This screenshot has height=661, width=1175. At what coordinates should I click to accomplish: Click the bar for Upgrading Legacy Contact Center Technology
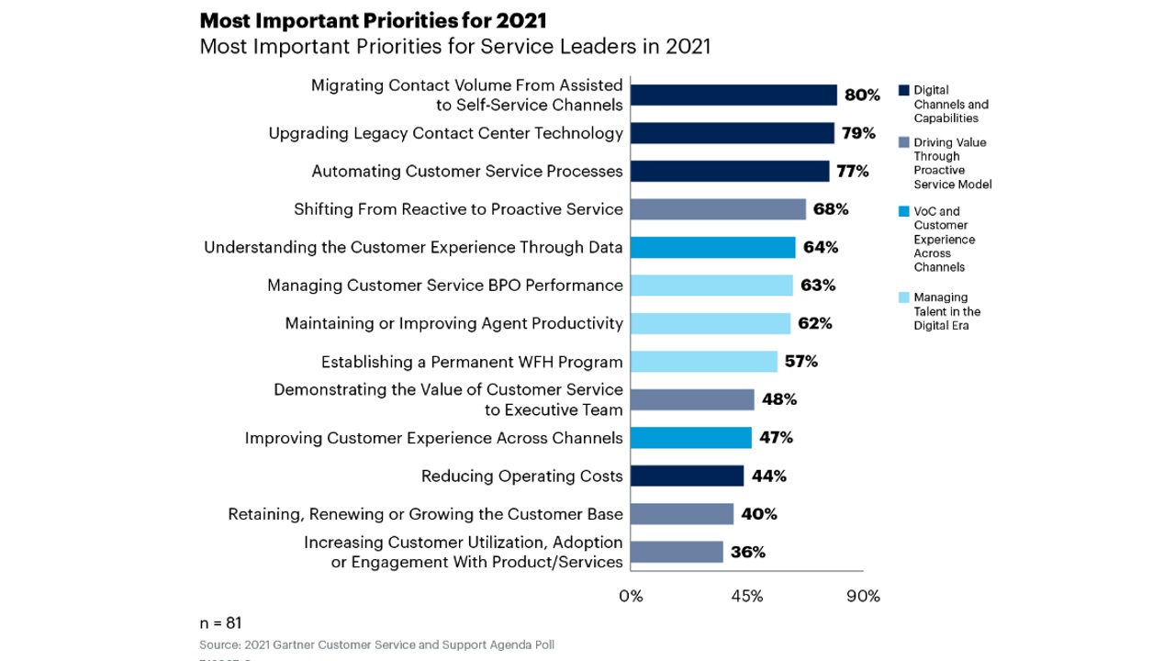pyautogui.click(x=733, y=133)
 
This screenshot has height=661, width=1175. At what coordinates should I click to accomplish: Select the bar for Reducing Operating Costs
pyautogui.click(x=688, y=476)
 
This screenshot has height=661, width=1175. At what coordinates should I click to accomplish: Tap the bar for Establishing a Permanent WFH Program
pyautogui.click(x=704, y=361)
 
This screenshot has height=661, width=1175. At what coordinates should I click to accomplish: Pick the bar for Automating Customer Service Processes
pyautogui.click(x=730, y=172)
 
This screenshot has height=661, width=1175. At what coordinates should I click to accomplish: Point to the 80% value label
pyautogui.click(x=862, y=95)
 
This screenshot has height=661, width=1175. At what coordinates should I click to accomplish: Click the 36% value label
pyautogui.click(x=748, y=552)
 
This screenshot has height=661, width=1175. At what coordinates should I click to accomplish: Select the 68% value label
pyautogui.click(x=831, y=209)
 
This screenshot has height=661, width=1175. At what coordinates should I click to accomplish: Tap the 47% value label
pyautogui.click(x=776, y=437)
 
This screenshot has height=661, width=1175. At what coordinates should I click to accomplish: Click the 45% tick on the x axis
pyautogui.click(x=746, y=596)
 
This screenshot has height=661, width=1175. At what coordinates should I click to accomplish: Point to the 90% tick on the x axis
pyautogui.click(x=863, y=596)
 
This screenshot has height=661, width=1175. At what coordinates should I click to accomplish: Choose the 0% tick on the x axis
pyautogui.click(x=631, y=596)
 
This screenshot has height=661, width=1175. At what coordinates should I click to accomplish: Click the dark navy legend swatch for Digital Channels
pyautogui.click(x=903, y=91)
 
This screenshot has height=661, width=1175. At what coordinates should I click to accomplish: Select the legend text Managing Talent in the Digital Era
pyautogui.click(x=946, y=311)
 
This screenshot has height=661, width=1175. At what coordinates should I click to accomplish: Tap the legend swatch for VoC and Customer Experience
pyautogui.click(x=903, y=212)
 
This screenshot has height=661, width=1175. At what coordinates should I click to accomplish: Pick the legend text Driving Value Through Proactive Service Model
pyautogui.click(x=952, y=163)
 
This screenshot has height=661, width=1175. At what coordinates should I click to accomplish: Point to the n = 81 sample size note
pyautogui.click(x=220, y=622)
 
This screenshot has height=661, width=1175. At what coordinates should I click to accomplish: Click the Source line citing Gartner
pyautogui.click(x=376, y=644)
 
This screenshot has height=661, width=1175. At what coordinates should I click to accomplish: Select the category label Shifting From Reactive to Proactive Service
pyautogui.click(x=458, y=209)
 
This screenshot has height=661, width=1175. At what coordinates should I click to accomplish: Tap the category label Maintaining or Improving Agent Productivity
pyautogui.click(x=453, y=323)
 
